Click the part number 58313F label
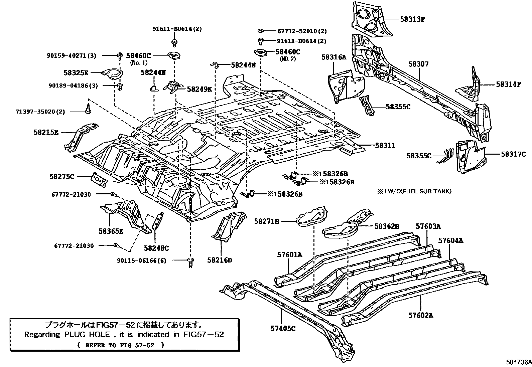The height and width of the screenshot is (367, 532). tap(412, 19)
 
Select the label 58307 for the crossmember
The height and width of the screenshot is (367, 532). tap(418, 64)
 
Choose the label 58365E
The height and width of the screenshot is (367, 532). tap(111, 231)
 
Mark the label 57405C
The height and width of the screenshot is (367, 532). tap(283, 328)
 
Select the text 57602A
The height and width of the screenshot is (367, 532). tap(420, 315)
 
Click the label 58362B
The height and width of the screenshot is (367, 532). tap(387, 226)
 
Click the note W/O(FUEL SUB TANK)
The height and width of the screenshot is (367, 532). tap(417, 191)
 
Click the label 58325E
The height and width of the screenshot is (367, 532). tap(76, 72)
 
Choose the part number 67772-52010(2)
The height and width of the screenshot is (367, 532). tap(302, 31)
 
